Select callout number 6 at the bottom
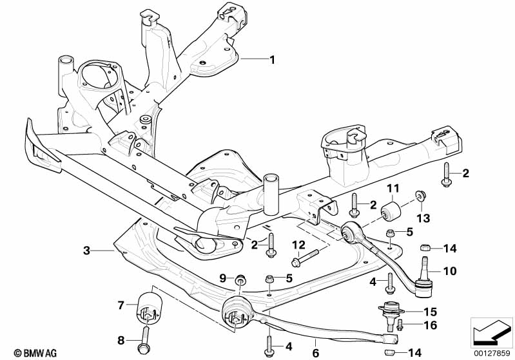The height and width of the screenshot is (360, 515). pyautogui.click(x=315, y=352)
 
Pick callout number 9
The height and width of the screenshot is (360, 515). pyautogui.click(x=223, y=278)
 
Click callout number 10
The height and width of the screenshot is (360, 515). pyautogui.click(x=449, y=271)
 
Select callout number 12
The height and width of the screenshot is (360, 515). pyautogui.click(x=298, y=244)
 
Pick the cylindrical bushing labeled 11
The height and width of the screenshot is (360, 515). pyautogui.click(x=391, y=211)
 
